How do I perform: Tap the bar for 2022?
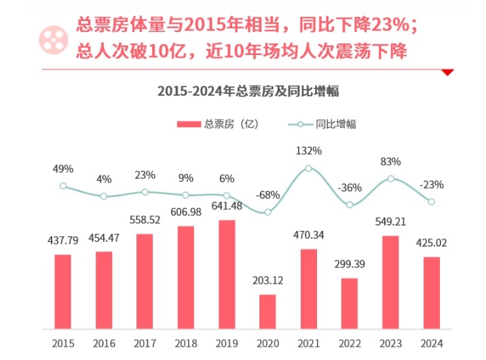click(350, 304)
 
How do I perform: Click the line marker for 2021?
click(308, 168)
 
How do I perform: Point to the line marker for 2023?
click(391, 179)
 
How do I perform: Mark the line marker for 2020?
click(267, 212)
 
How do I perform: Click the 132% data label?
click(308, 150)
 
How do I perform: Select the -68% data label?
click(267, 195)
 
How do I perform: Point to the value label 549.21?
click(390, 222)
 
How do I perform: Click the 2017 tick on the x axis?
click(145, 343)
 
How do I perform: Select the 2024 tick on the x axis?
click(432, 343)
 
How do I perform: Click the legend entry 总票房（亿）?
click(218, 124)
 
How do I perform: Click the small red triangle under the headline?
click(447, 71)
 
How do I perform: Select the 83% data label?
click(391, 162)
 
